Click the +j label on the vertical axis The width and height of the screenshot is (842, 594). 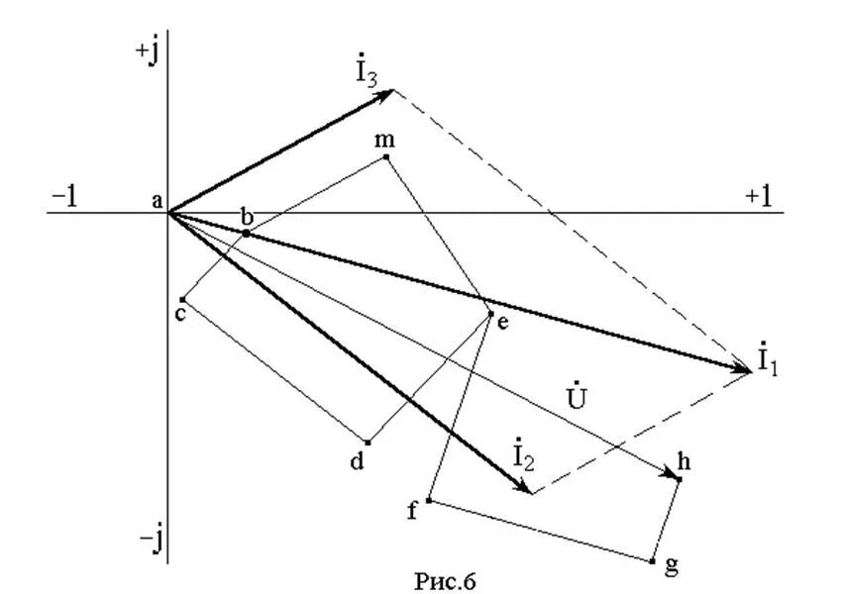[147, 53]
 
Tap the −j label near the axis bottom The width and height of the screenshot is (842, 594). [151, 540]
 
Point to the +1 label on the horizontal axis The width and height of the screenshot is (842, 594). [758, 196]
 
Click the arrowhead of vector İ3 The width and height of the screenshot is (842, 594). [389, 91]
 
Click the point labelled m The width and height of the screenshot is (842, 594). [386, 156]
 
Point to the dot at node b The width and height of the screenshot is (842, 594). [246, 233]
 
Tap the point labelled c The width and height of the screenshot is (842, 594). [183, 299]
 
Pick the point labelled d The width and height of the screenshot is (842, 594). [368, 443]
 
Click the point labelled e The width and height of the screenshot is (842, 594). [490, 314]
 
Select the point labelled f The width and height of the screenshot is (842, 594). [428, 500]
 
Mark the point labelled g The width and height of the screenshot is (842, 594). [652, 560]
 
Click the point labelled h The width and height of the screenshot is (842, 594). [679, 479]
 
